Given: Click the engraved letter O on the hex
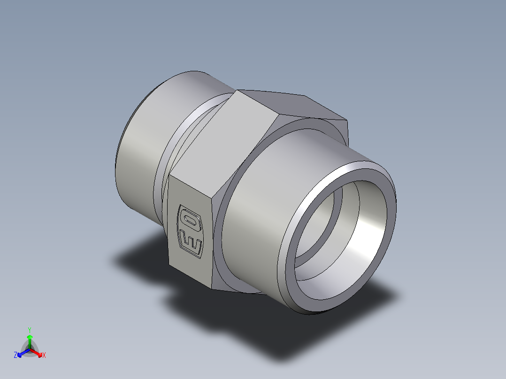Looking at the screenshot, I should [190, 221].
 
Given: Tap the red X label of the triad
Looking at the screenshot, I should [44, 356].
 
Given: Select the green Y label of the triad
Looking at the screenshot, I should [29, 330].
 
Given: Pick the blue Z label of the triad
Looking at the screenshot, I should [15, 356].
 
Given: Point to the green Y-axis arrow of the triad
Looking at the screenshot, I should [30, 340].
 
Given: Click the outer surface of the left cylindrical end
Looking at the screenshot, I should [141, 155].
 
